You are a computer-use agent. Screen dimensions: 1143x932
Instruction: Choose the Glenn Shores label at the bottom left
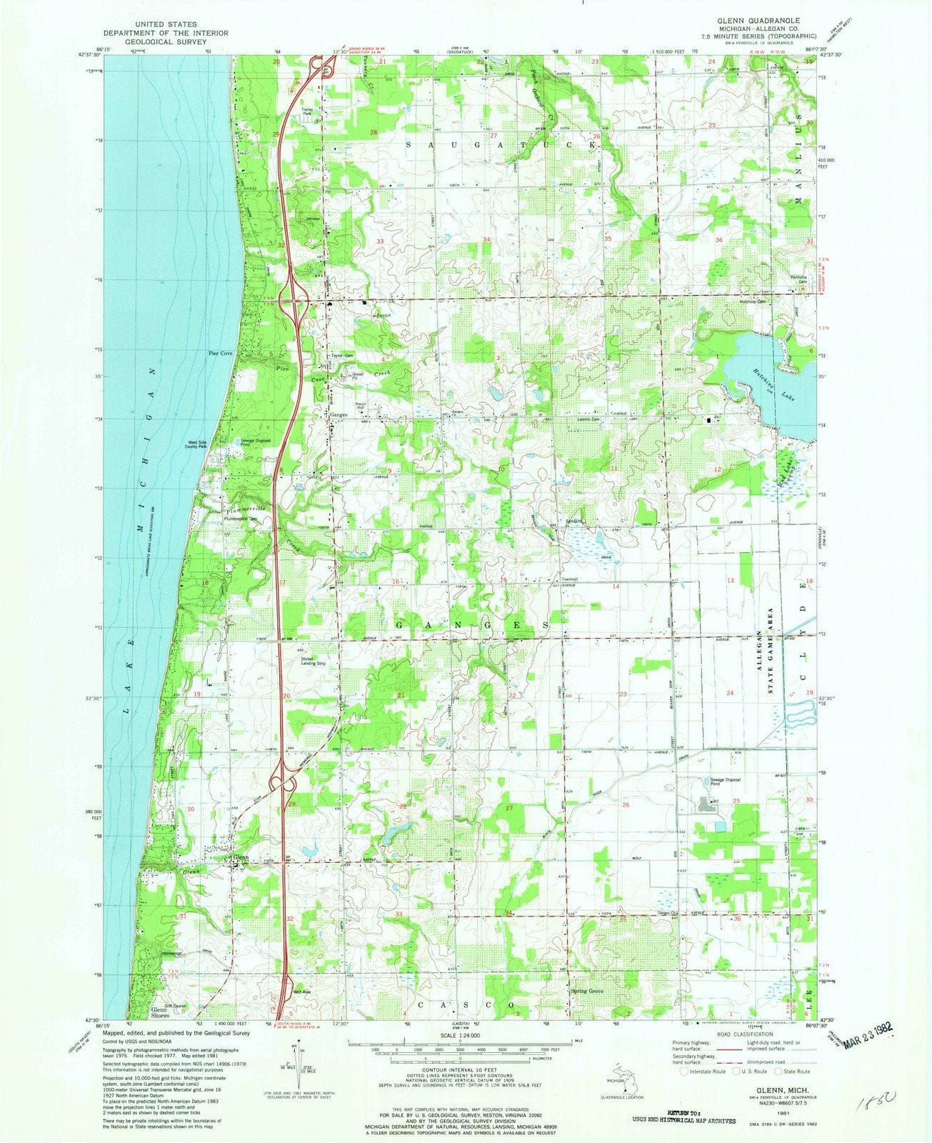(164, 1012)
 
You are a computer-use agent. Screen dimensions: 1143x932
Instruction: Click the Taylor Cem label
(342, 356)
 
